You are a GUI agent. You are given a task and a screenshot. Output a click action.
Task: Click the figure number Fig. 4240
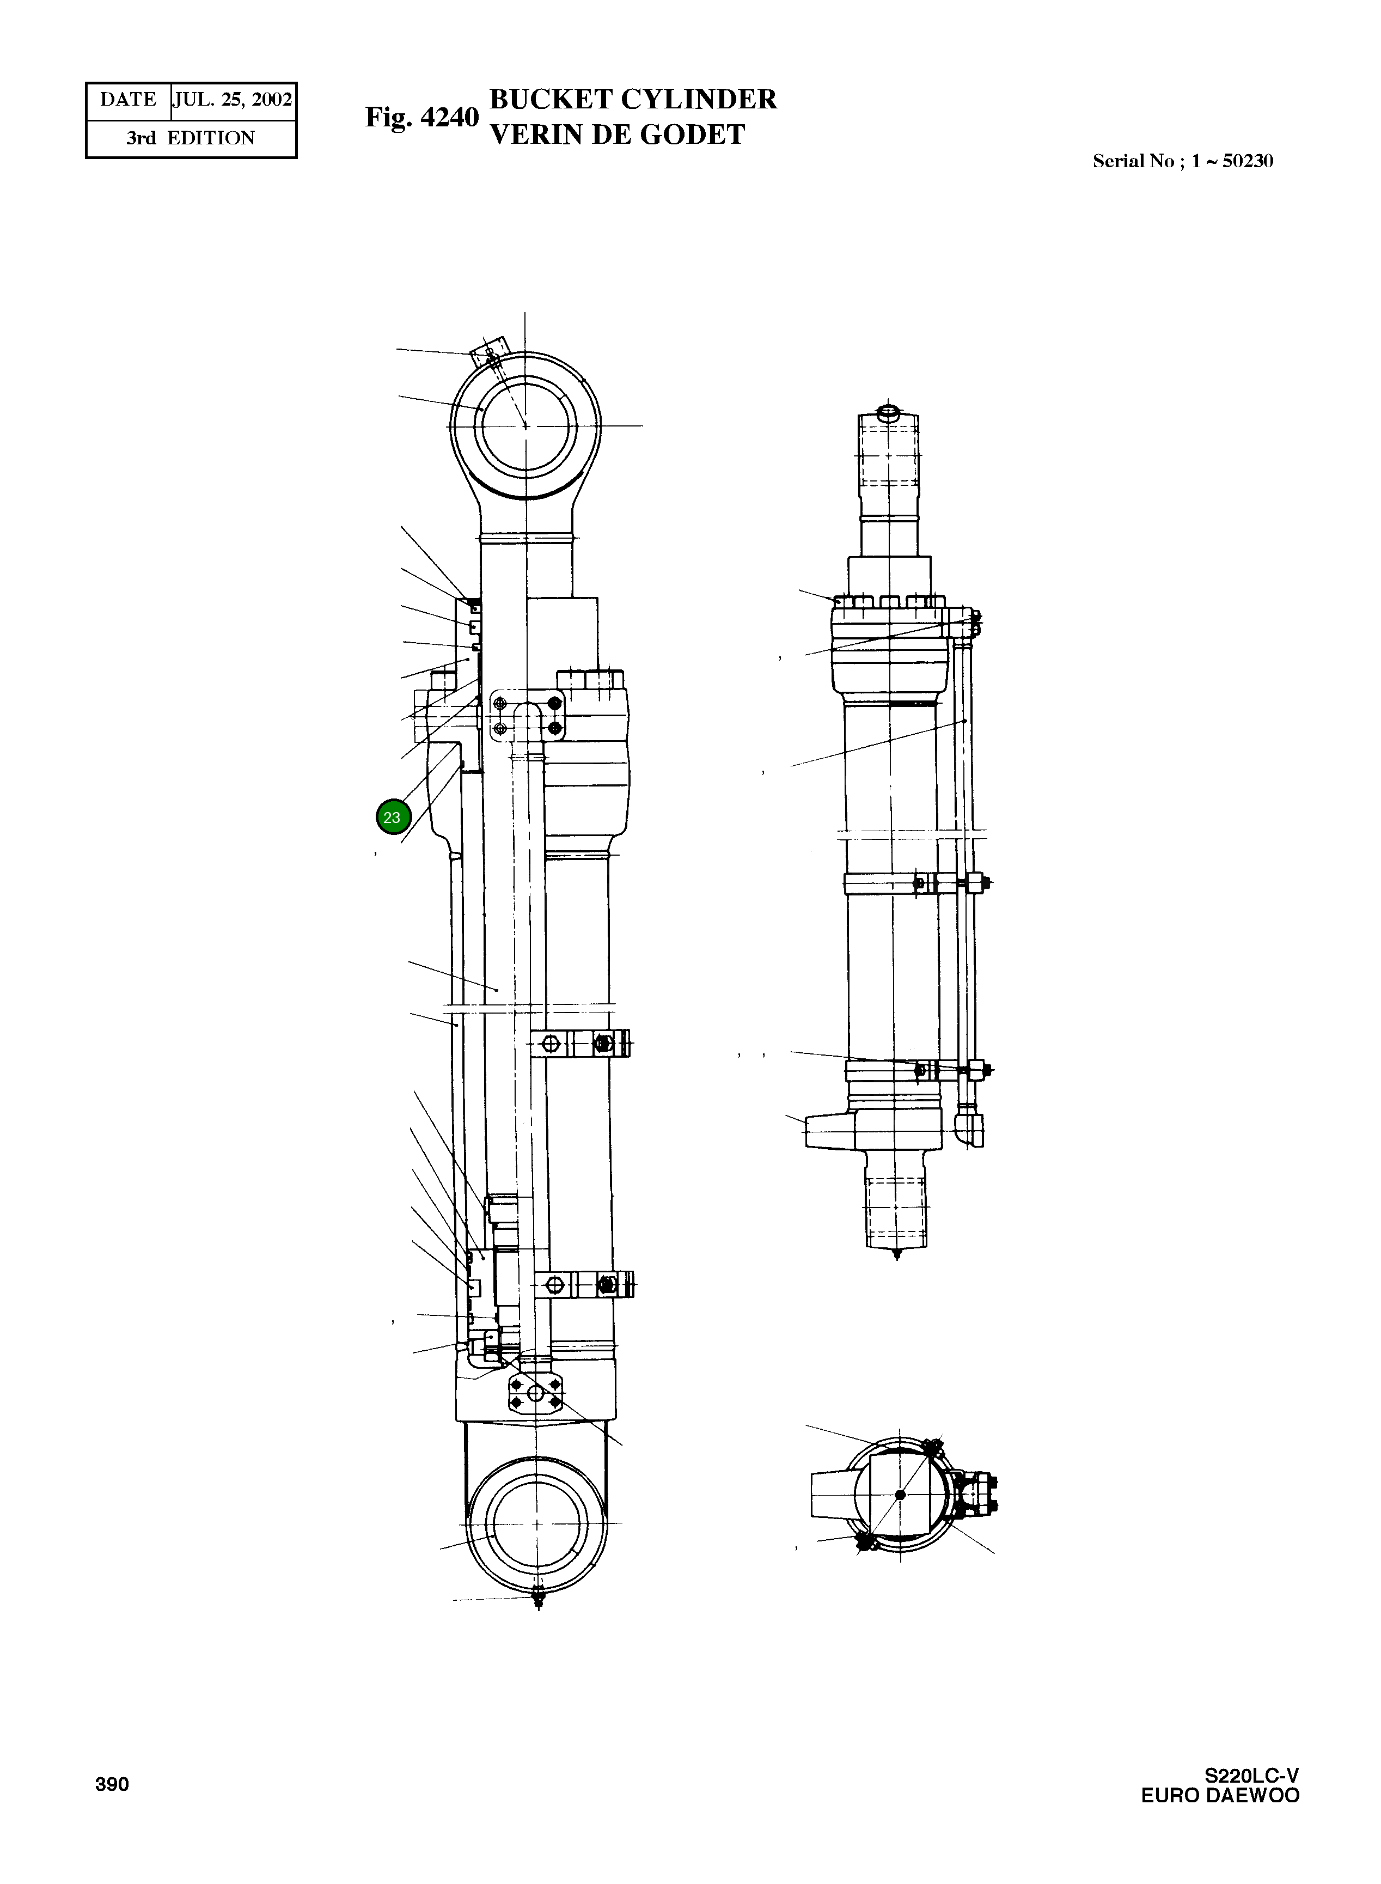tap(421, 118)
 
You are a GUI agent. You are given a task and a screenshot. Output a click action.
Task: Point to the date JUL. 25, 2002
tap(233, 100)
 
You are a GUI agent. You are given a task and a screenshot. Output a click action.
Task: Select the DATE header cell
tap(128, 100)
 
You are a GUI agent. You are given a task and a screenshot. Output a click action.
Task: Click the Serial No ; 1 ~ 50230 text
tap(1182, 161)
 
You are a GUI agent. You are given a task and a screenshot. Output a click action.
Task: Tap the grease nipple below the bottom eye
tap(537, 1599)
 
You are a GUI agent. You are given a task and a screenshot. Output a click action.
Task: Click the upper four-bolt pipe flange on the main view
tap(527, 715)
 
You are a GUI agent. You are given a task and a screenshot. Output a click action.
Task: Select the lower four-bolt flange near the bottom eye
tap(535, 1393)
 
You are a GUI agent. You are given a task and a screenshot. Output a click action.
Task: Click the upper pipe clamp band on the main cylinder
tap(581, 1043)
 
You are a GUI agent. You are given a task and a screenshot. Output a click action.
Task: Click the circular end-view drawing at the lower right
tap(900, 1495)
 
